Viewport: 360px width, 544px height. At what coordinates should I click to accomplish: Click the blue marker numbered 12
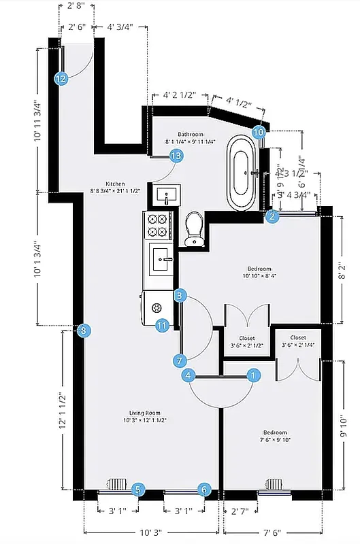(61, 78)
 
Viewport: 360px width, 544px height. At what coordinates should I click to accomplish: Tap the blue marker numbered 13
(176, 156)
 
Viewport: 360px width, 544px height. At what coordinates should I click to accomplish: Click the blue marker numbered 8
(83, 331)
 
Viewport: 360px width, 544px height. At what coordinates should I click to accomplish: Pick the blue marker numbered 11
(161, 326)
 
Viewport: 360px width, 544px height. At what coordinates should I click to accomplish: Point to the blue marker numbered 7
(180, 360)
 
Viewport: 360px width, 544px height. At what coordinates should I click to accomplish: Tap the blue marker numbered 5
(138, 489)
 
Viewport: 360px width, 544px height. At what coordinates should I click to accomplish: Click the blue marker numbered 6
(204, 489)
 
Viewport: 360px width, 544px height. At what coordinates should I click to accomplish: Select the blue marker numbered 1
(253, 375)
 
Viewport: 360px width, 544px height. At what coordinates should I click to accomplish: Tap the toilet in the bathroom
(195, 228)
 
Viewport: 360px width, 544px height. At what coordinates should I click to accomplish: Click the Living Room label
(144, 416)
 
